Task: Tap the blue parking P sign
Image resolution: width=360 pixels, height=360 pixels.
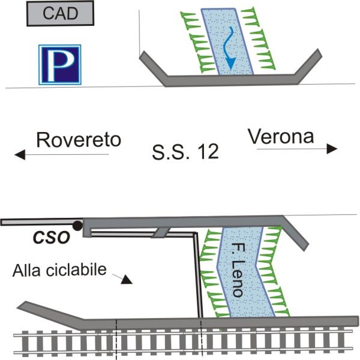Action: click(59, 64)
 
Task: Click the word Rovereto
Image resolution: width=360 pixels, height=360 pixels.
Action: click(79, 140)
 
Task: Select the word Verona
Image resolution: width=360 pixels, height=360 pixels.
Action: click(281, 137)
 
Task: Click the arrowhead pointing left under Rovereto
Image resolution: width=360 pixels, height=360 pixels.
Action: click(20, 155)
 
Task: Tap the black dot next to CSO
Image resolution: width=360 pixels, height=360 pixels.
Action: click(77, 226)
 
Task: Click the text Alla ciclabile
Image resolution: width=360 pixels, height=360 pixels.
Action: click(59, 270)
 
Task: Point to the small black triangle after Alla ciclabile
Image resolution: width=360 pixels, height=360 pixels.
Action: click(126, 279)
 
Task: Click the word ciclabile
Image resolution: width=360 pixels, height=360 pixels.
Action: click(80, 270)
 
